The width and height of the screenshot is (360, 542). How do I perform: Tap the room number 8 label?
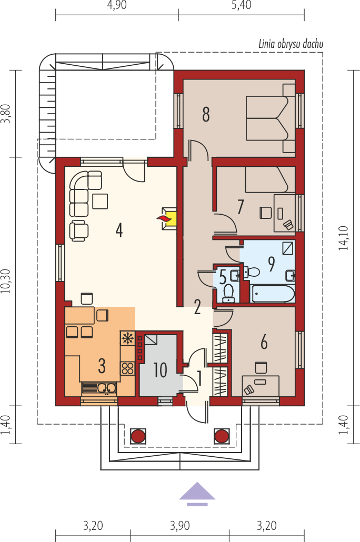click(x=206, y=114)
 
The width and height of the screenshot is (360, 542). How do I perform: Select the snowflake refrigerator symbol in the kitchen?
click(x=127, y=338)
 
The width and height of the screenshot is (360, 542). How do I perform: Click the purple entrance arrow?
click(x=197, y=494)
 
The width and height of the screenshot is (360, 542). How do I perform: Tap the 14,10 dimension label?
click(x=343, y=238)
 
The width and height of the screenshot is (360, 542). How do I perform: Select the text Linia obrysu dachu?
click(x=291, y=44)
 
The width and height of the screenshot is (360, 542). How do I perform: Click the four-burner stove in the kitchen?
click(x=127, y=368)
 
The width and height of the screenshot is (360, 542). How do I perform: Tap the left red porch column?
click(x=138, y=436)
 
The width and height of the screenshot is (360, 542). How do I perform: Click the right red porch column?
click(x=222, y=436)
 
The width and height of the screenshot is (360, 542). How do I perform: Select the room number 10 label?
click(x=160, y=370)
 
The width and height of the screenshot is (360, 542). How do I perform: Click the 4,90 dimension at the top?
click(x=117, y=5)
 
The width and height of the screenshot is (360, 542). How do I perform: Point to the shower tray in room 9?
click(x=287, y=248)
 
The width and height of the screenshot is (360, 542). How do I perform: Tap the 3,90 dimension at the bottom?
click(x=180, y=526)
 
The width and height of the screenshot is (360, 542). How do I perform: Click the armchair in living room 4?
click(x=79, y=230)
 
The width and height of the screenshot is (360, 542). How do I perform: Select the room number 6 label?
click(x=264, y=342)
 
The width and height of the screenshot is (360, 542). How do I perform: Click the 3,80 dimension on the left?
click(x=6, y=113)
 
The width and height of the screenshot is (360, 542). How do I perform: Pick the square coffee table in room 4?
click(x=100, y=201)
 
